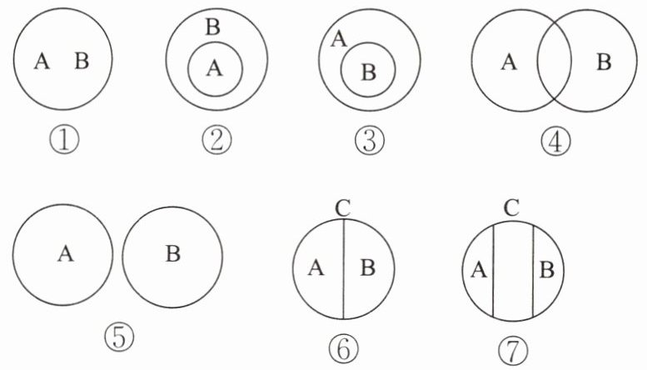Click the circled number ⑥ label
(x=341, y=347)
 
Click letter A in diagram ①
(x=42, y=62)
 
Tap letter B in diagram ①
(x=82, y=62)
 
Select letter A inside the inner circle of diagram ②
(x=214, y=70)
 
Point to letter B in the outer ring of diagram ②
(x=212, y=28)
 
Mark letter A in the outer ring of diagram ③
(x=339, y=38)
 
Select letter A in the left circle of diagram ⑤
(x=64, y=253)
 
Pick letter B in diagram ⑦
(x=546, y=268)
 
